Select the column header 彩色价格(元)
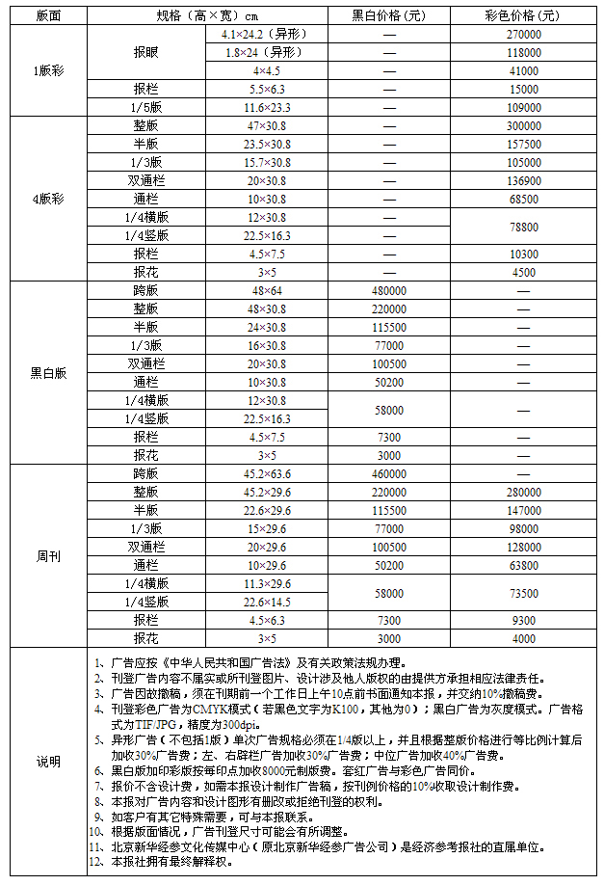tap(523, 15)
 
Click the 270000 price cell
tap(523, 34)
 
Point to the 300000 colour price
tap(523, 126)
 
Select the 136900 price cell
tap(523, 181)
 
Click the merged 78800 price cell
tap(523, 227)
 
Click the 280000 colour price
tap(523, 492)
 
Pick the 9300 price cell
tap(523, 620)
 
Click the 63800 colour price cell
tap(523, 565)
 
